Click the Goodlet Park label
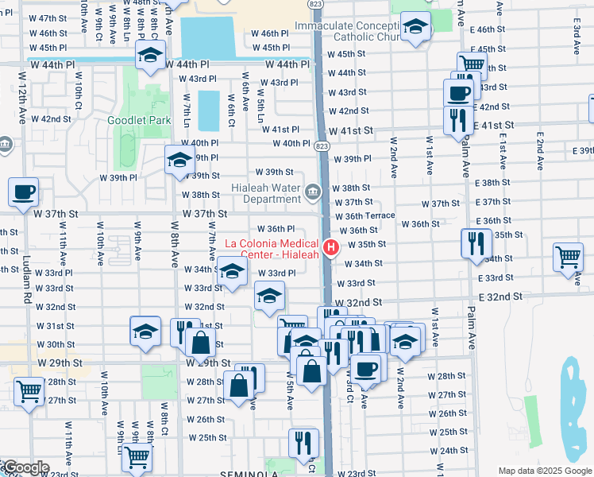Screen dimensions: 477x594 (139, 120)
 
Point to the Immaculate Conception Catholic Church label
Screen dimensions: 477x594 (350, 31)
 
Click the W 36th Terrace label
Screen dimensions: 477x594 (364, 215)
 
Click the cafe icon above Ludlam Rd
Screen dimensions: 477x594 (23, 192)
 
